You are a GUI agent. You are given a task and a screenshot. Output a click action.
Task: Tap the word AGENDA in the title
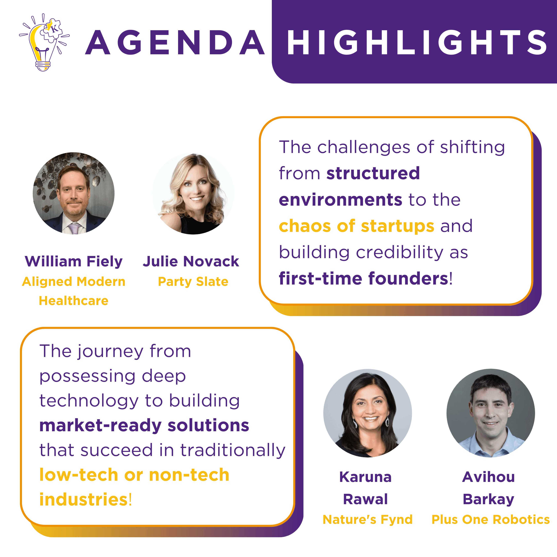pos(175,42)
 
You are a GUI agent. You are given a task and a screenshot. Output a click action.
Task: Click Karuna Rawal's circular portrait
pos(368,413)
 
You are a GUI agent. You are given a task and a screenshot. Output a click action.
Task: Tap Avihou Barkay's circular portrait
pos(491,413)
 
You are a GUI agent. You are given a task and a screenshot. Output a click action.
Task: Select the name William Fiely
pos(74,261)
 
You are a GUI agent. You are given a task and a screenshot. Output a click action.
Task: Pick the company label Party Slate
pos(193,282)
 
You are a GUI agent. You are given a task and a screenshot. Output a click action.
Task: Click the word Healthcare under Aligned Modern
pos(74,301)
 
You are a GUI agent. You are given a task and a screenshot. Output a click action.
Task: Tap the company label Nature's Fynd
pos(368,520)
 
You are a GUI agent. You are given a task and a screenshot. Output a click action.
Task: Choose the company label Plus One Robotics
pos(491,520)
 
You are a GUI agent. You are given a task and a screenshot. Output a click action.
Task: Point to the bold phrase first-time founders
pos(364,279)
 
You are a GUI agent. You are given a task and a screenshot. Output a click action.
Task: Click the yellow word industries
pos(84,500)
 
